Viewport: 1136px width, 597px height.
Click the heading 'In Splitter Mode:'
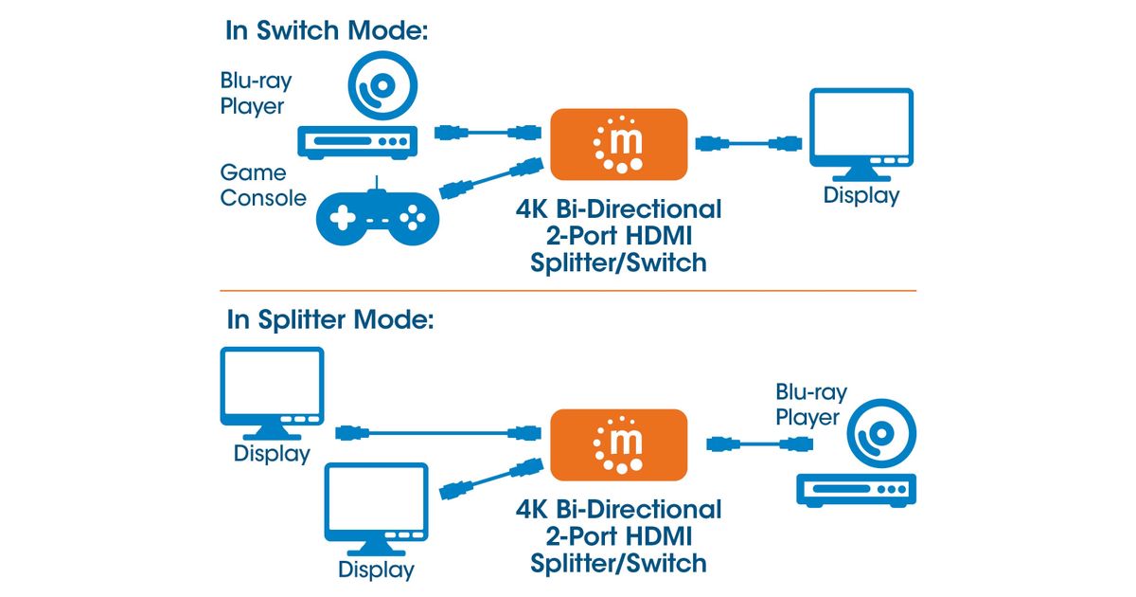[x=329, y=319]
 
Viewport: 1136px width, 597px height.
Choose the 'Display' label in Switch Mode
[x=861, y=196]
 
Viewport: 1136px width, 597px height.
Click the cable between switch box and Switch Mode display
[x=748, y=144]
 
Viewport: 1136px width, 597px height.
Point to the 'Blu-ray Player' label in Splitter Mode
[x=811, y=405]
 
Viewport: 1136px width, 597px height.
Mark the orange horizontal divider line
[x=568, y=290]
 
